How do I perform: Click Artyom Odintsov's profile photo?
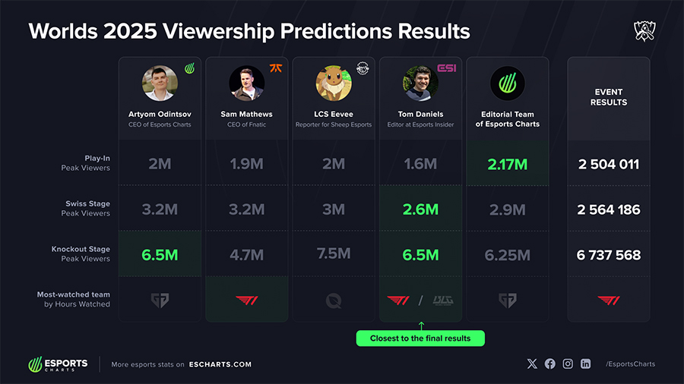click(160, 83)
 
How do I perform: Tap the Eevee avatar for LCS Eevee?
click(334, 83)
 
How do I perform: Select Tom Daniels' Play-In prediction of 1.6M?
click(420, 164)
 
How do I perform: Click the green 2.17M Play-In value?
click(508, 164)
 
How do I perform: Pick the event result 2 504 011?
click(609, 164)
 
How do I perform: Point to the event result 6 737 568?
click(609, 255)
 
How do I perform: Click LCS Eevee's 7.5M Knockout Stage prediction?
click(334, 254)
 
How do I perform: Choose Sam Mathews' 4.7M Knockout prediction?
click(246, 255)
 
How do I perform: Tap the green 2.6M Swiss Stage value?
click(420, 209)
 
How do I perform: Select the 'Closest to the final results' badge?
click(420, 338)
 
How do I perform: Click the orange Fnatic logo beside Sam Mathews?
click(276, 68)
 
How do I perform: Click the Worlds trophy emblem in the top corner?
click(644, 31)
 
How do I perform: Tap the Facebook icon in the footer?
click(549, 364)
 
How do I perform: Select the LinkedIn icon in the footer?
click(585, 364)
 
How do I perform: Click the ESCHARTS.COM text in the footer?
click(220, 364)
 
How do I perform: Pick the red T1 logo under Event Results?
click(609, 300)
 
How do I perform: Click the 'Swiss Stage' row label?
click(88, 204)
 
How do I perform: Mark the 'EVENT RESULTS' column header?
click(609, 97)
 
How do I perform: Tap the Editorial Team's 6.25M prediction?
click(508, 255)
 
